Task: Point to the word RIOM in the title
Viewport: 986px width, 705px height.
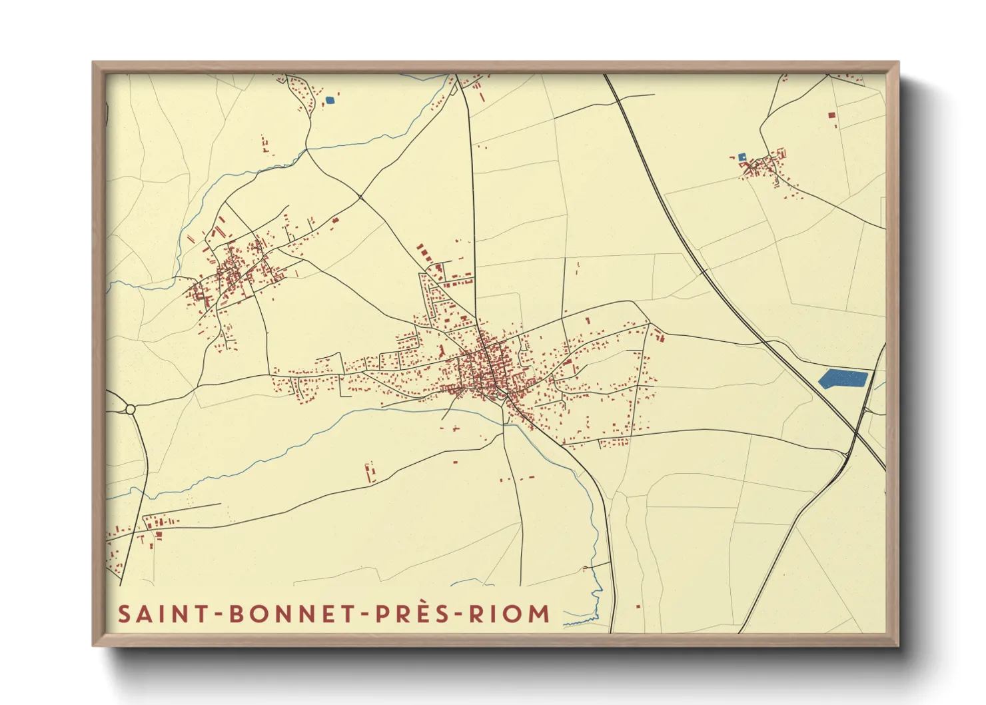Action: pos(510,614)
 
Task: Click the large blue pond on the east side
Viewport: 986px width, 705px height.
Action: pos(842,378)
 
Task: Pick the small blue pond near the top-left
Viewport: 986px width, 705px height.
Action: pos(329,101)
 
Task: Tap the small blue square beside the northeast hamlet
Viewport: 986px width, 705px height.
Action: pos(741,157)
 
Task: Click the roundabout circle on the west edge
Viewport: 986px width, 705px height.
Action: pos(131,409)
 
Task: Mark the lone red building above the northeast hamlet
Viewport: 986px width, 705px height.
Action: pos(831,115)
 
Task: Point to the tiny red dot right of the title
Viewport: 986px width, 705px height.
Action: pos(638,606)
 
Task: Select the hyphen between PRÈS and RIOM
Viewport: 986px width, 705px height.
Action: pos(456,614)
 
